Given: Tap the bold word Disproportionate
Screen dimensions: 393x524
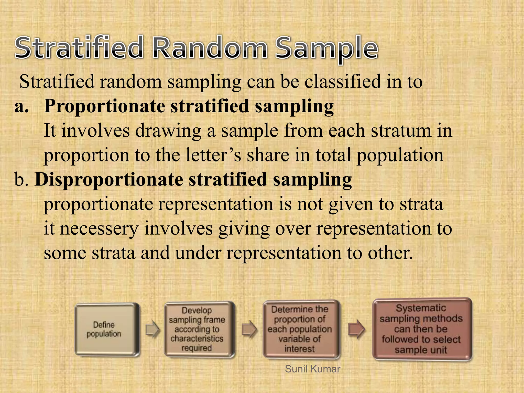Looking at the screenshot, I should click(x=109, y=180).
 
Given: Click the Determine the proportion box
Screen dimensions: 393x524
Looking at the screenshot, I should click(x=301, y=329).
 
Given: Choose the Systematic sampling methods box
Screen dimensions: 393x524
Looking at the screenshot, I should click(x=421, y=329).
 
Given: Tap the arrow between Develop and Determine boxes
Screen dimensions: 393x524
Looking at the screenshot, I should click(x=249, y=329).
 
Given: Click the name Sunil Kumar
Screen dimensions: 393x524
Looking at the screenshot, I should click(x=312, y=369).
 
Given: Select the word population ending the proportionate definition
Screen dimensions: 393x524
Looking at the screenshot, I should click(x=400, y=155).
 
